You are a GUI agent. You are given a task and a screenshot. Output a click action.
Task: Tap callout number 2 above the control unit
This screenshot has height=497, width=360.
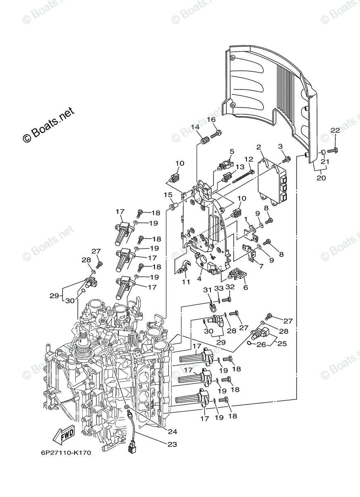(x=259, y=147)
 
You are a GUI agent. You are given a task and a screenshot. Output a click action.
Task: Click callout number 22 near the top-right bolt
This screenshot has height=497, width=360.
(x=335, y=131)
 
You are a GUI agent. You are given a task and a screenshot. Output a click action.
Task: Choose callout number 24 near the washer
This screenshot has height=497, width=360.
(x=172, y=432)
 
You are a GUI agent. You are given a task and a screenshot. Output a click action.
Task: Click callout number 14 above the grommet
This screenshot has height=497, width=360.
(x=195, y=127)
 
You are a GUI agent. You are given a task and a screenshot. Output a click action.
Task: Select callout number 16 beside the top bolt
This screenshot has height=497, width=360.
(x=211, y=120)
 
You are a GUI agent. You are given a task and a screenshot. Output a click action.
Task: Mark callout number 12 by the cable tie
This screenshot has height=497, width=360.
(x=249, y=159)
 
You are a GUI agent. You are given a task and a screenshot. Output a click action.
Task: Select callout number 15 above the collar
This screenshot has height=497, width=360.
(x=167, y=195)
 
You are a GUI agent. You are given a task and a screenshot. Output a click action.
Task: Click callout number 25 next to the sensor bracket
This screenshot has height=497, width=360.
(x=281, y=343)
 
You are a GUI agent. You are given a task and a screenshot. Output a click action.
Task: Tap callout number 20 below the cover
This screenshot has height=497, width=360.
(x=321, y=178)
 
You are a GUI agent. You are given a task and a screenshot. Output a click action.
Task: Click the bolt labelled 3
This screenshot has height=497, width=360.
(x=286, y=159)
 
